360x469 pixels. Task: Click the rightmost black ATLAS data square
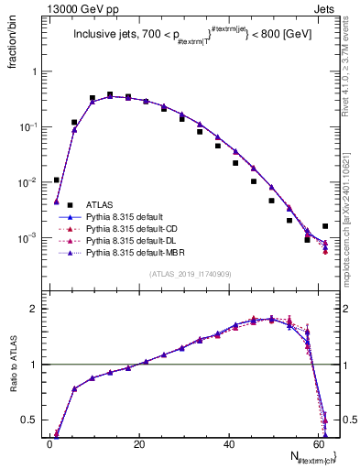[x=325, y=225]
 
